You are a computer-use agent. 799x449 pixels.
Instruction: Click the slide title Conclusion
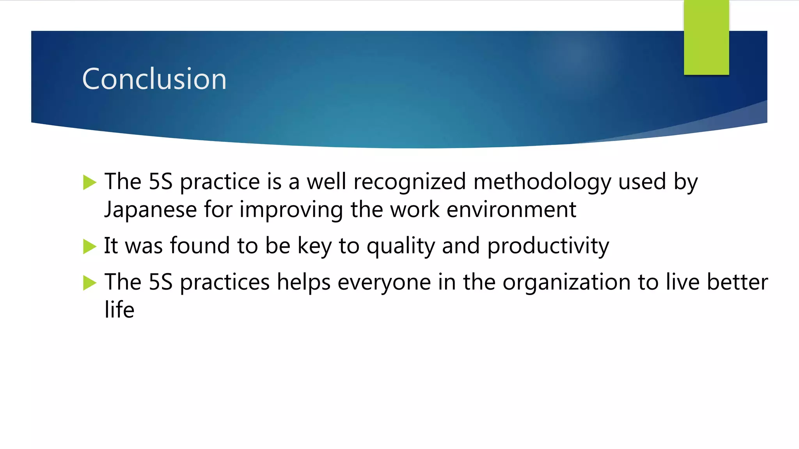(154, 79)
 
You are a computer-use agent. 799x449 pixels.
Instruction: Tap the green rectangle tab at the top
(706, 37)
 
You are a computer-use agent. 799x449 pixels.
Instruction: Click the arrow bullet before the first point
(89, 182)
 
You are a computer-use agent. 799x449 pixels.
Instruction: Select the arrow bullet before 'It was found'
(89, 246)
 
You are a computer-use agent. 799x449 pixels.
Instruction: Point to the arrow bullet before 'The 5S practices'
(89, 283)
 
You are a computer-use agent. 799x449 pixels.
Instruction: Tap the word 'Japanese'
(151, 210)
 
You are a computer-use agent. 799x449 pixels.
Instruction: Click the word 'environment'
(511, 210)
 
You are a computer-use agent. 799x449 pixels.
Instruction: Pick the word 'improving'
(291, 210)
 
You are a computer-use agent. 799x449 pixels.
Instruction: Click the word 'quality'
(401, 246)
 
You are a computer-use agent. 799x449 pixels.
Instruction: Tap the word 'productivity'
(548, 246)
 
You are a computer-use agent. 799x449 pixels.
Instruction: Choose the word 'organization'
(566, 283)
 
